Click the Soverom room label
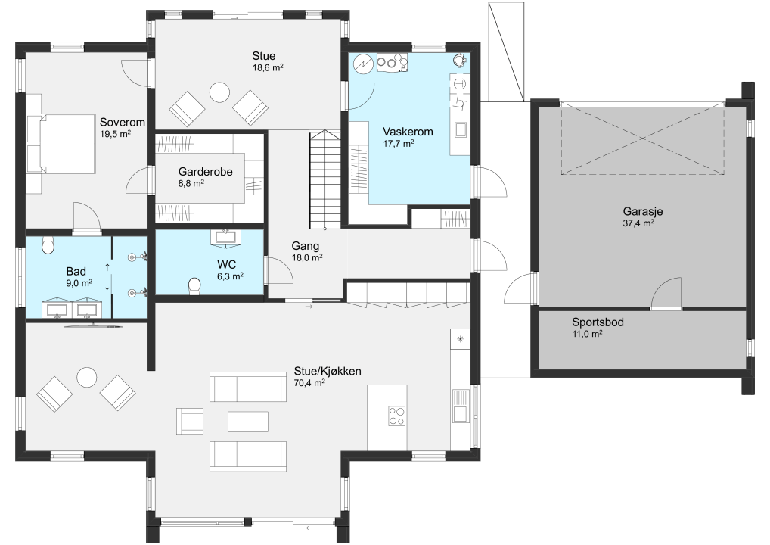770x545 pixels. (x=123, y=122)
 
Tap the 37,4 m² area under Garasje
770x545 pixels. (x=638, y=223)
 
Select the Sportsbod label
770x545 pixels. (x=598, y=322)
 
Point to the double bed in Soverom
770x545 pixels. (x=61, y=144)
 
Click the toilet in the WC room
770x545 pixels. (x=194, y=286)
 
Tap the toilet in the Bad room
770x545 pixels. (x=48, y=245)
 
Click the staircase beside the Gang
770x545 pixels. (x=324, y=179)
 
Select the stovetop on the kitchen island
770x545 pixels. (x=397, y=416)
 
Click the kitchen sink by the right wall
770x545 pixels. (x=461, y=406)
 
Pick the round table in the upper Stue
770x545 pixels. (x=219, y=92)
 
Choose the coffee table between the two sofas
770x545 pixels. (x=248, y=422)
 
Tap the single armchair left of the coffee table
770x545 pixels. (x=190, y=421)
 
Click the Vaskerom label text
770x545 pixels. (x=408, y=132)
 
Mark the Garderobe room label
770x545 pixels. (x=205, y=172)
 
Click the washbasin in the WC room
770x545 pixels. (x=226, y=236)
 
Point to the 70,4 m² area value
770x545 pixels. (x=309, y=383)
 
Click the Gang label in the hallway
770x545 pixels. (x=305, y=246)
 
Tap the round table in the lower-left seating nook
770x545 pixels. (x=87, y=378)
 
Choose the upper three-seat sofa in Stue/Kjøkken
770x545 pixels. (x=248, y=387)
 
